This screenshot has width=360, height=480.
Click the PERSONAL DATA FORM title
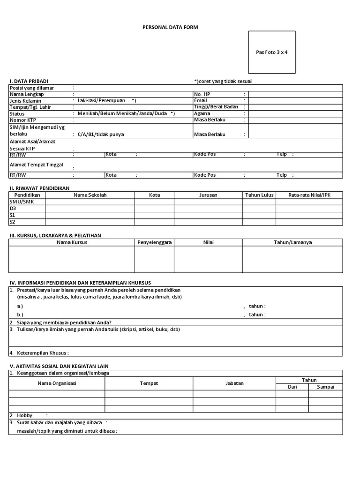pos(170,28)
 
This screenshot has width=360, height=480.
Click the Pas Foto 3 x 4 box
pos(272,52)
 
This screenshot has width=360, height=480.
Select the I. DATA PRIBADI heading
pos(29,81)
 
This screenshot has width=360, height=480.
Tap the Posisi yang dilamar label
pos(32,88)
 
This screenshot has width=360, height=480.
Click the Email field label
pos(200,100)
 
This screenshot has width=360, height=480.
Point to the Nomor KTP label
pos(23,120)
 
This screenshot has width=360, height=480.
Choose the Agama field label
pos(202,113)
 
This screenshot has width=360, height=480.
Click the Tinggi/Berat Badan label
pos(216,107)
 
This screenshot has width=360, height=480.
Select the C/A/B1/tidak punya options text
pos(101,135)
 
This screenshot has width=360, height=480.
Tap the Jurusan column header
pos(208,195)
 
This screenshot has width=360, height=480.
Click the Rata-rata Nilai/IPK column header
pos(309,195)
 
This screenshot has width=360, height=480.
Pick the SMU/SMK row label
pos(22,202)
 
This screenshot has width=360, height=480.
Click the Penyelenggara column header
pos(154,242)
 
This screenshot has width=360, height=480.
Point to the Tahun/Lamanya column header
pos(292,242)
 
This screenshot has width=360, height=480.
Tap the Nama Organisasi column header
pos(57,383)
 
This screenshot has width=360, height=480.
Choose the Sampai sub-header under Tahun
pos(325,387)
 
